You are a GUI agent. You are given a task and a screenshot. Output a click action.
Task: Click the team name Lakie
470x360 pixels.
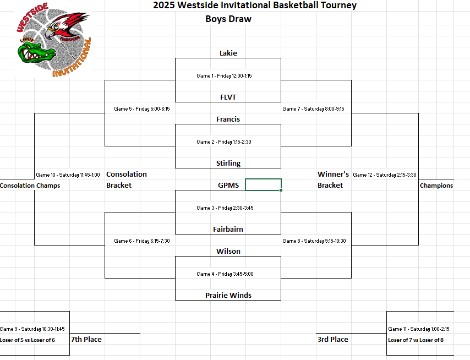pyautogui.click(x=228, y=53)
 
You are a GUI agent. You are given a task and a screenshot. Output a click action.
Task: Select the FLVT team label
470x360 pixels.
pyautogui.click(x=228, y=97)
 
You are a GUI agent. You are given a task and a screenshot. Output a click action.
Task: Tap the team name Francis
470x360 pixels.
pyautogui.click(x=228, y=119)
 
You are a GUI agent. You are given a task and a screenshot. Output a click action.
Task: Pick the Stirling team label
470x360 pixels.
pyautogui.click(x=228, y=163)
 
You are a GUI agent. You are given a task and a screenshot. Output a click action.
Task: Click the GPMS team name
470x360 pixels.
pyautogui.click(x=228, y=186)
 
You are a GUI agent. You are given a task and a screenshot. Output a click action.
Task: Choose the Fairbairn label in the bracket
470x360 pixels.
pyautogui.click(x=228, y=230)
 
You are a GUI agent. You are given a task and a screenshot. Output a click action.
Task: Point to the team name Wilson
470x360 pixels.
pyautogui.click(x=228, y=252)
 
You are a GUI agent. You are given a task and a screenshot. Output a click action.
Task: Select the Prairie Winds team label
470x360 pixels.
pyautogui.click(x=228, y=296)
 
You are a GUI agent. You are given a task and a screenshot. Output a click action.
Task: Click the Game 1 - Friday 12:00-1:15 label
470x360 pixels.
pyautogui.click(x=224, y=76)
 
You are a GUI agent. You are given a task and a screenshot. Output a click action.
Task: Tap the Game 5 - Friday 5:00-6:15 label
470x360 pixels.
pyautogui.click(x=141, y=109)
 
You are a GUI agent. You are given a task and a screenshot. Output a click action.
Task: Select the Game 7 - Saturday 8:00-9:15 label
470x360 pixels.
pyautogui.click(x=313, y=109)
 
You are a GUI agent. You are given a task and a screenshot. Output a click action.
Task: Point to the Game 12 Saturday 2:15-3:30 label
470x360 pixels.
pyautogui.click(x=384, y=175)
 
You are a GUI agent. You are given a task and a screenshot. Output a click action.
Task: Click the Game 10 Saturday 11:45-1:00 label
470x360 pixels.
pyautogui.click(x=68, y=175)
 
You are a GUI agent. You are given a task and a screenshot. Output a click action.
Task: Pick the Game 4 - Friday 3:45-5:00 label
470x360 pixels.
pyautogui.click(x=225, y=274)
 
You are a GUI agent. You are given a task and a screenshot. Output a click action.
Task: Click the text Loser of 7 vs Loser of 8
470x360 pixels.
pyautogui.click(x=416, y=340)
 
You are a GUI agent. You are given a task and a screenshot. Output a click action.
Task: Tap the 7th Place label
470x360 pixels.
pyautogui.click(x=86, y=340)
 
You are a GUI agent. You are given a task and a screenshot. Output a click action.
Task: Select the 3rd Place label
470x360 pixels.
pyautogui.click(x=333, y=340)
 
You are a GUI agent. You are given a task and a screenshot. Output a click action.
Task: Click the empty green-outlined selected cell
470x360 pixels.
pyautogui.click(x=263, y=185)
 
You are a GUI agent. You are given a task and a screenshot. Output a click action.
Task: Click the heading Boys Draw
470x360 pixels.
pyautogui.click(x=228, y=19)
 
